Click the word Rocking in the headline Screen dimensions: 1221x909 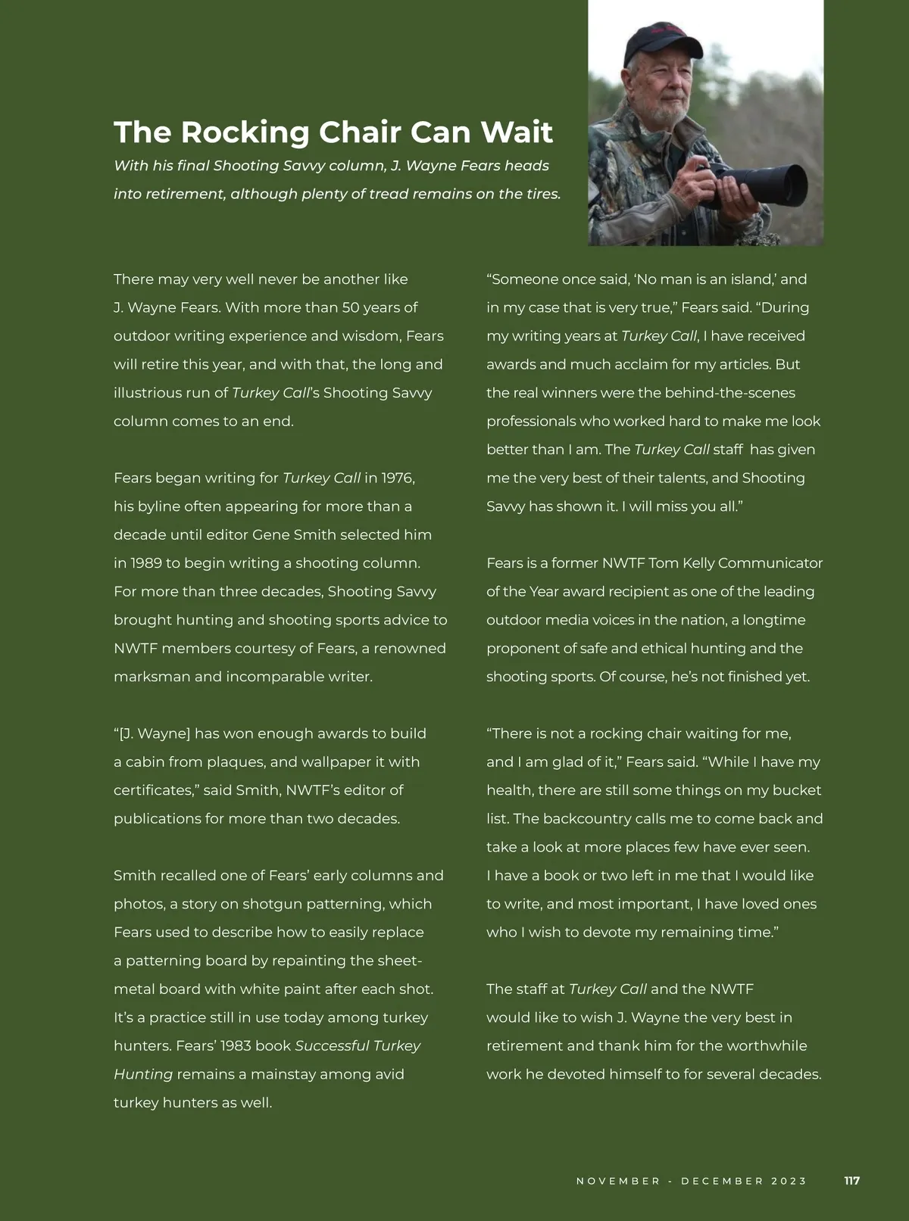(245, 132)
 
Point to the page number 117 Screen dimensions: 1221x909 (851, 1181)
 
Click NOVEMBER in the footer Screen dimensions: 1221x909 (618, 1181)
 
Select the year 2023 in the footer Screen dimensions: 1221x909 (789, 1181)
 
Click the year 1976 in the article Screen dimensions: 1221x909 (398, 478)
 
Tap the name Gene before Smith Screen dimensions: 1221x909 (267, 535)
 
